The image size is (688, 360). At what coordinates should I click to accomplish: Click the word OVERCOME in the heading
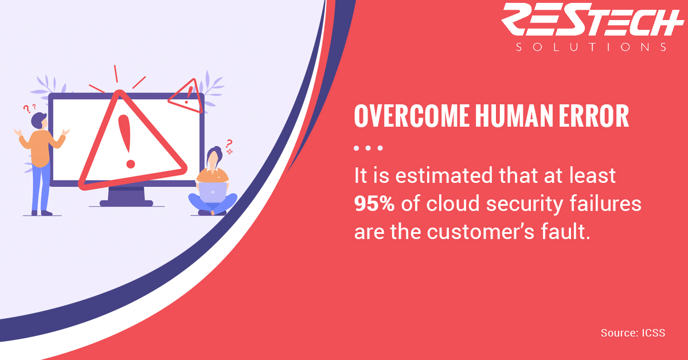pos(412,116)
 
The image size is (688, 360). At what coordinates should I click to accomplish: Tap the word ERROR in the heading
pos(594,116)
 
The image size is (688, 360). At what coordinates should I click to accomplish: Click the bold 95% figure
pos(374,204)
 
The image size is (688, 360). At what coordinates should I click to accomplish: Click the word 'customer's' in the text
pos(480,232)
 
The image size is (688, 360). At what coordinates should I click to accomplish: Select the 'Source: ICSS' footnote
pos(633,333)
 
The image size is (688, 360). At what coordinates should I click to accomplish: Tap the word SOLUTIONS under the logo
pos(591,47)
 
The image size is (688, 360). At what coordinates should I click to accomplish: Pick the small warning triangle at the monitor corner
pos(186,96)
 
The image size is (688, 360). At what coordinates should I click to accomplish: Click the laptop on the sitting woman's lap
pos(213,193)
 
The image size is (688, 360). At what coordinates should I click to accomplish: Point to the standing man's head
pos(39,121)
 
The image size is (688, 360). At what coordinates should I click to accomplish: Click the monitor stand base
pos(126,203)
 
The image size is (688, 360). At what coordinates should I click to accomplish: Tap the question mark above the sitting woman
pos(229,144)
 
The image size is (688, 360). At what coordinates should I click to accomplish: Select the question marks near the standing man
pos(29,108)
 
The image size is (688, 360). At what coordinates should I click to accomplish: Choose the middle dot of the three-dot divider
pos(368,148)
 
